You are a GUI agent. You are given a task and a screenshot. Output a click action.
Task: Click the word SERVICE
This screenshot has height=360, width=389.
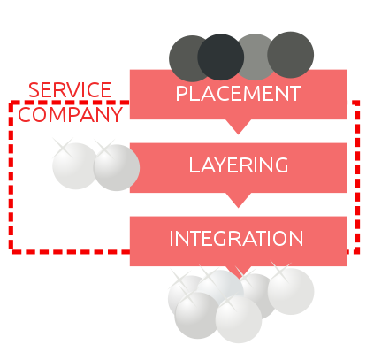(x=70, y=90)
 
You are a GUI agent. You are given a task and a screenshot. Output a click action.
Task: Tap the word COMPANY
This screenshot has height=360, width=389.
(x=70, y=114)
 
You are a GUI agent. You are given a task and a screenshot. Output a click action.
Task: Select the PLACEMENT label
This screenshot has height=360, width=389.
(x=238, y=94)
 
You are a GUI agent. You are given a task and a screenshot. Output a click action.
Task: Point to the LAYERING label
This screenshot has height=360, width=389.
(x=239, y=165)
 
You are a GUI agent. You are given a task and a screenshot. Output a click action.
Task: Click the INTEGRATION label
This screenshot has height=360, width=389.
(x=236, y=238)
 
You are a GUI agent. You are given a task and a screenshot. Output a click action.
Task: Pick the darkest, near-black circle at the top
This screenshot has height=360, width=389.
(x=221, y=57)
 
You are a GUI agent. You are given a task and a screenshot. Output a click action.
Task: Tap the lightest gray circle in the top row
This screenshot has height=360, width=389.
(x=256, y=57)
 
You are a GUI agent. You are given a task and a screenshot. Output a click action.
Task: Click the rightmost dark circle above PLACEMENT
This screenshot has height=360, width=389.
(x=291, y=55)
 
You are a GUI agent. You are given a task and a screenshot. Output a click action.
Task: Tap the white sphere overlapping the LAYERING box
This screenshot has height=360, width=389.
(x=117, y=168)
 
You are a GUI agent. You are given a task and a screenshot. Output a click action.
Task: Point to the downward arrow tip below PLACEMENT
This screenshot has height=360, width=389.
(x=239, y=134)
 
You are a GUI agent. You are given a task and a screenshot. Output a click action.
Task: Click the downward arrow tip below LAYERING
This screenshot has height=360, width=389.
(x=239, y=208)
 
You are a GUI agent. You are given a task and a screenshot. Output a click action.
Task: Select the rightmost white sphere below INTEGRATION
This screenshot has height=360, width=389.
(x=291, y=291)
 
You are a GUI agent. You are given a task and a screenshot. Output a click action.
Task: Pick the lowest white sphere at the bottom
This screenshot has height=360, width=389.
(x=239, y=319)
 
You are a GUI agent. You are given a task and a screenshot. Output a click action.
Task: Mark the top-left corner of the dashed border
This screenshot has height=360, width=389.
(x=11, y=103)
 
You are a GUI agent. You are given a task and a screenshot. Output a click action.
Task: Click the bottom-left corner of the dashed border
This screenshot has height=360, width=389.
(x=11, y=252)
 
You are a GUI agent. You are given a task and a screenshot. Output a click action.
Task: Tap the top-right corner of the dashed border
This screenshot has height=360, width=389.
(x=357, y=103)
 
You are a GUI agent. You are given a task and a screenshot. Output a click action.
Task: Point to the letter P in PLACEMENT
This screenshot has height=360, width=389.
(x=181, y=94)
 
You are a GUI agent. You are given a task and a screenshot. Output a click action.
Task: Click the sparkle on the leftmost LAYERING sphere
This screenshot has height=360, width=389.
(x=64, y=148)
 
